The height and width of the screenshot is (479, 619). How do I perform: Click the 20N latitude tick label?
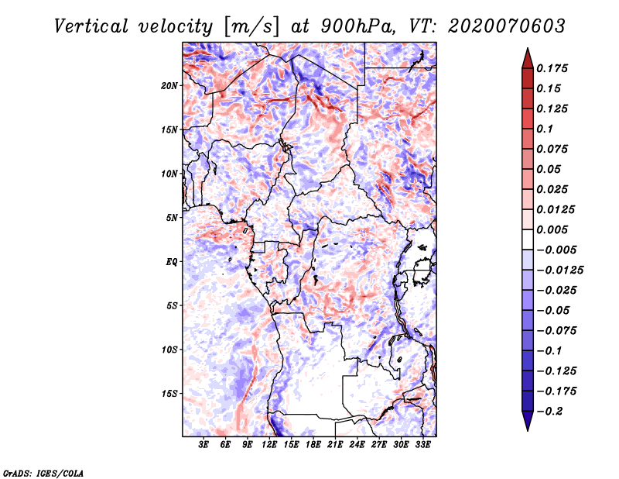coord(169,86)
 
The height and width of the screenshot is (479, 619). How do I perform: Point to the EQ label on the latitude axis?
coord(172,262)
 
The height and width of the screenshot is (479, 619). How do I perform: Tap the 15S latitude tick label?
coord(169,394)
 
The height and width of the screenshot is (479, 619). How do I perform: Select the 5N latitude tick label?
coord(172,218)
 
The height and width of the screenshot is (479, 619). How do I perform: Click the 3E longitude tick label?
coord(203,445)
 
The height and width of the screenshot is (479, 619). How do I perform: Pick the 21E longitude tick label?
coord(335,445)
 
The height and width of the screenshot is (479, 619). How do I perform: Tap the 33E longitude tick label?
coord(422,445)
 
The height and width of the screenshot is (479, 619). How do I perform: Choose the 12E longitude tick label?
coord(269,445)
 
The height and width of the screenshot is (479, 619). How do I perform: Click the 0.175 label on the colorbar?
coord(552,68)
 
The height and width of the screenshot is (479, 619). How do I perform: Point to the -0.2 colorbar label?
coord(549,412)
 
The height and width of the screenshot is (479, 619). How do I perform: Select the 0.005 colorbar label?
coord(552,229)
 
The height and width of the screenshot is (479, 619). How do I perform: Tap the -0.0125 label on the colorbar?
coord(560,271)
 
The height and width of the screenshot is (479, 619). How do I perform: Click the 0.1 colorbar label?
coord(545,129)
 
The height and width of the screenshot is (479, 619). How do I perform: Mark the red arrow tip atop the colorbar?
coord(528,49)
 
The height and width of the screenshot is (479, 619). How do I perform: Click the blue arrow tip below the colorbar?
coord(528,429)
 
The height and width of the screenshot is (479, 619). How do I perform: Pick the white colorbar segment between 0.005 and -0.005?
coord(528,239)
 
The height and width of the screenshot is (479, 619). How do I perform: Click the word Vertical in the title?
coord(91,26)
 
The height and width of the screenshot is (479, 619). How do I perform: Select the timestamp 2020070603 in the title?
coord(507,26)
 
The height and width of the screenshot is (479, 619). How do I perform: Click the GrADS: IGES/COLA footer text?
coord(43,473)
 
